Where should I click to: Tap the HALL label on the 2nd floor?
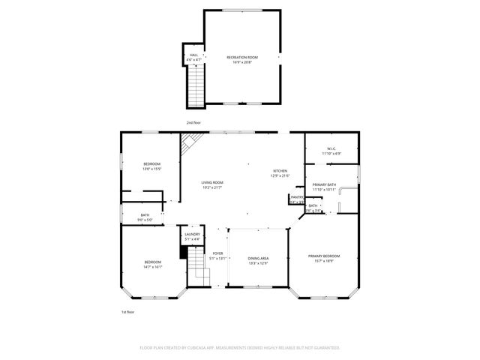coord(193,55)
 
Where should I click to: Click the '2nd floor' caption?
coord(193,122)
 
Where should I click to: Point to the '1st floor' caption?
coord(127,311)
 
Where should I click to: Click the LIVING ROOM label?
coord(212,182)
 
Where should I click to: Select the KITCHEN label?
coord(280,171)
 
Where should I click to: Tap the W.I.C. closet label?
coord(331,148)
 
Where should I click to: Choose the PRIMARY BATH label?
coord(324,184)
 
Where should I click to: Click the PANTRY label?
coord(296,197)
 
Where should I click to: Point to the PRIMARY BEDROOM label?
coord(324,256)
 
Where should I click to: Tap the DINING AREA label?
coord(258,259)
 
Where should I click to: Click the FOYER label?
coord(217,253)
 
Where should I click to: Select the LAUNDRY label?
coord(192,235)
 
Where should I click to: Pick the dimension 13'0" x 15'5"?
coord(151,169)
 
